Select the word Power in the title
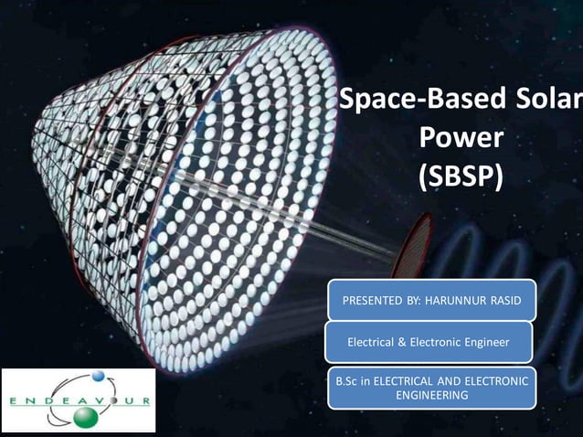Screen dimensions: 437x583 click(x=461, y=138)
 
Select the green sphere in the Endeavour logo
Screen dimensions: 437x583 click(x=85, y=416)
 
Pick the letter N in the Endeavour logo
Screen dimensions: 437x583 click(x=28, y=400)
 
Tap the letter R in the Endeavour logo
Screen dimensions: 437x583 click(x=145, y=400)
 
